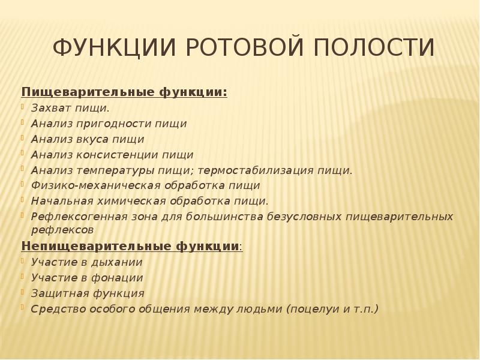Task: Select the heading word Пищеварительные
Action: (x=88, y=92)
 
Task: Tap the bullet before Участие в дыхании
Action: (x=25, y=261)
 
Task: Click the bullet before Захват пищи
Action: (x=25, y=107)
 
